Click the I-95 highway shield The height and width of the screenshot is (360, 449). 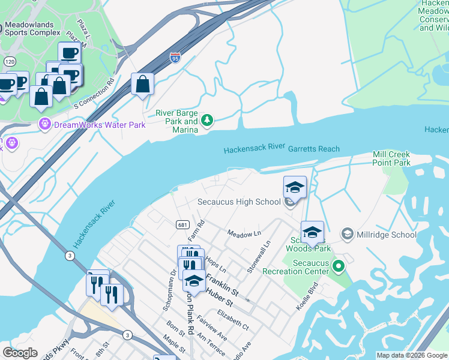tap(175, 58)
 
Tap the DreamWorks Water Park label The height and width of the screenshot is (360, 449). tap(100, 125)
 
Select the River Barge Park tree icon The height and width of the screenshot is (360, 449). tap(207, 121)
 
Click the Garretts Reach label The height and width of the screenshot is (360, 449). tap(314, 149)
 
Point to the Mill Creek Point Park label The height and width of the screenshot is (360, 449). tap(391, 158)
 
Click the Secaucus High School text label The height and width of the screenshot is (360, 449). tap(239, 202)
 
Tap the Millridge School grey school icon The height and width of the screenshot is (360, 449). tap(347, 233)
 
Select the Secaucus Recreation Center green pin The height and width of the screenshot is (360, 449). tap(338, 265)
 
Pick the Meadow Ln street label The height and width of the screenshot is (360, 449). tap(244, 233)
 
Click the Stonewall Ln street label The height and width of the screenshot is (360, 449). tap(259, 257)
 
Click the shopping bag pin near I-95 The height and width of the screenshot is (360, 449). tap(142, 85)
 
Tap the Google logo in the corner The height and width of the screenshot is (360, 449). tap(20, 353)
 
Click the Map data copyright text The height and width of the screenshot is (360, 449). tap(412, 355)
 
